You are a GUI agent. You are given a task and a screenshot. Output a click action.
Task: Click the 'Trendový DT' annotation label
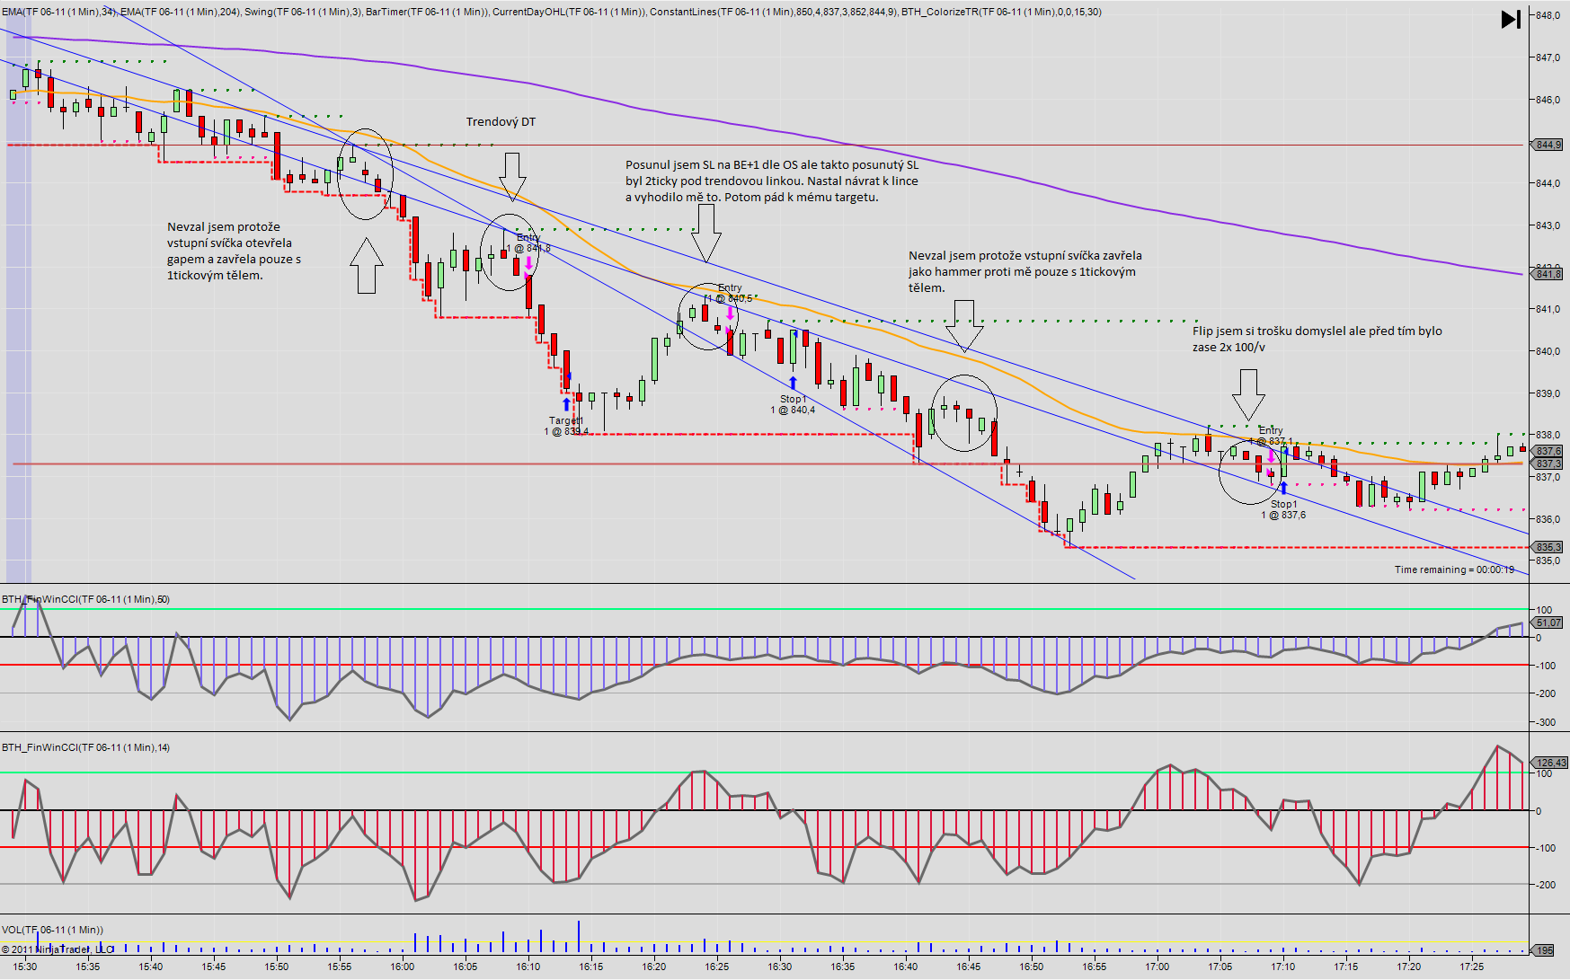tap(501, 122)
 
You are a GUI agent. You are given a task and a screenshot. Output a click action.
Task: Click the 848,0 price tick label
tap(1547, 15)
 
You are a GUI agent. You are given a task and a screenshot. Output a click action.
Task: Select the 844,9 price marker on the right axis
tap(1548, 145)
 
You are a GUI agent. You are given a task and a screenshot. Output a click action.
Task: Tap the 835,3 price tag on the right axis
tap(1548, 547)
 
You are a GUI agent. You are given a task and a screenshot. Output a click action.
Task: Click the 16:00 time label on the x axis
tap(403, 967)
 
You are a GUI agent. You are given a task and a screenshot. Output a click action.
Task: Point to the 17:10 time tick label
tap(1282, 967)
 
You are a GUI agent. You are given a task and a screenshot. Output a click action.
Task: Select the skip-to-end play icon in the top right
tap(1511, 19)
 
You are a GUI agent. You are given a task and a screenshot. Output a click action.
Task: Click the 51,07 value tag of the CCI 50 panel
tap(1548, 622)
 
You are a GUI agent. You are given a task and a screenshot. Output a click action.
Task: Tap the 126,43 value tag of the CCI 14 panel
tap(1550, 763)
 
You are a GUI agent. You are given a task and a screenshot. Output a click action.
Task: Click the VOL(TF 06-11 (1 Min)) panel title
tap(52, 930)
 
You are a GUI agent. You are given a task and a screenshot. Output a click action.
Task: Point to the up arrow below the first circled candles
tap(366, 266)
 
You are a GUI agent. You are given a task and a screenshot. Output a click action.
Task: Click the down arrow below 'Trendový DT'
tap(512, 176)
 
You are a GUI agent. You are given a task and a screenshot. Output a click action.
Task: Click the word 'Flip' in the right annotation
tap(1202, 331)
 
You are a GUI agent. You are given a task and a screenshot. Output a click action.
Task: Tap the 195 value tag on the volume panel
tap(1544, 950)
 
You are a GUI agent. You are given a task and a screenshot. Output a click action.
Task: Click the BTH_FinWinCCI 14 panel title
tap(85, 747)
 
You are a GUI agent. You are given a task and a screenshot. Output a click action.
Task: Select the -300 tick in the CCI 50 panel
tap(1546, 722)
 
